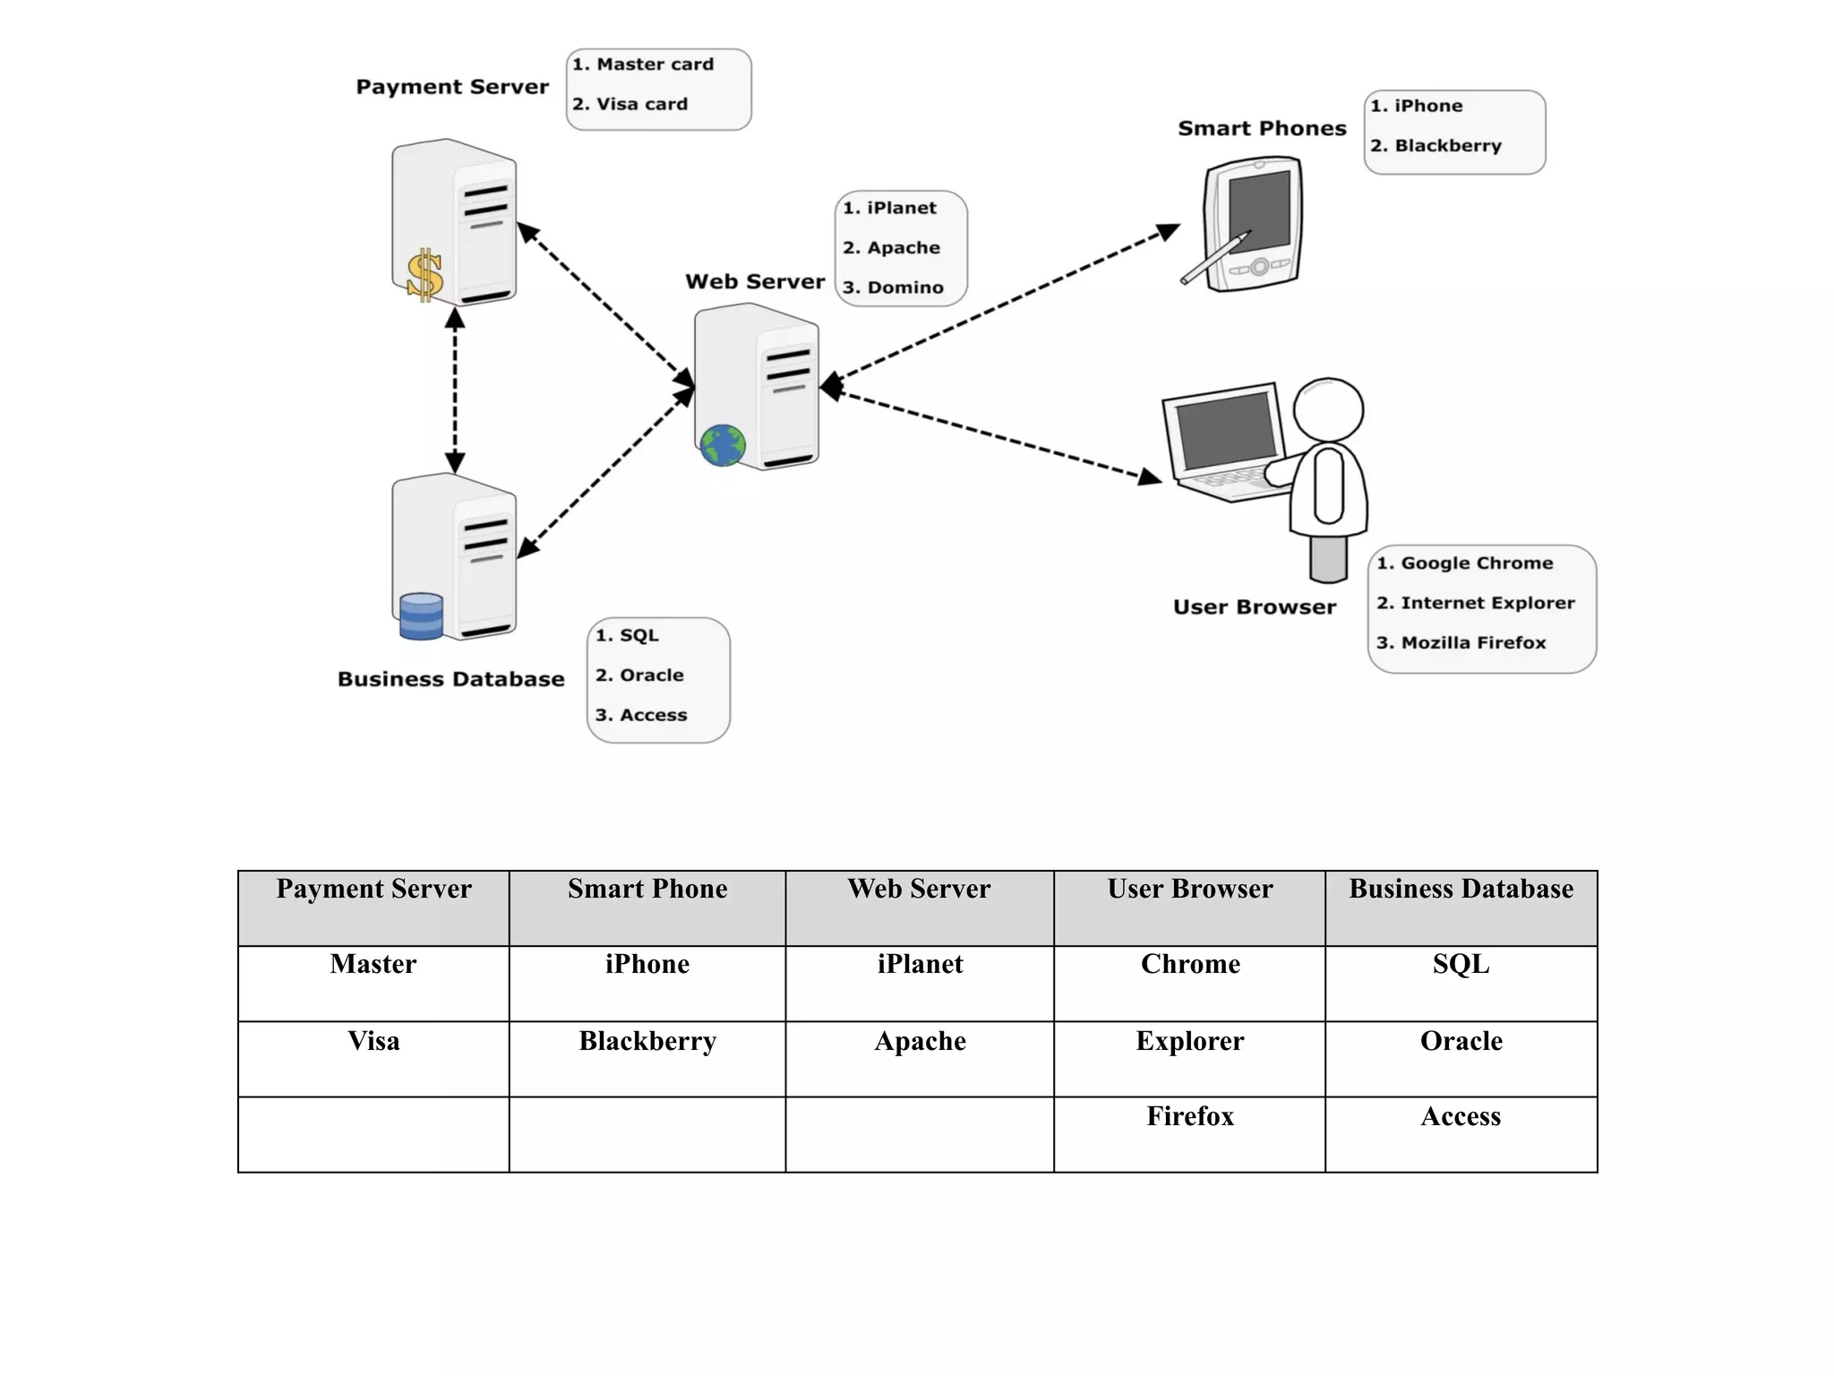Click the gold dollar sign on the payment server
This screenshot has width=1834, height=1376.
click(x=424, y=274)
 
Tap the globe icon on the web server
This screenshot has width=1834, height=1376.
click(x=723, y=445)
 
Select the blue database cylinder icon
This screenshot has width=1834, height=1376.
click(x=421, y=616)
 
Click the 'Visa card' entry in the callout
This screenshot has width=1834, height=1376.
click(x=630, y=104)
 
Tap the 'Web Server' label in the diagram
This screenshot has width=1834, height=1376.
click(x=755, y=281)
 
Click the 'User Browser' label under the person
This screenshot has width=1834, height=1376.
click(x=1254, y=606)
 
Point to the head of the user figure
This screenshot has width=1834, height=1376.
click(x=1329, y=409)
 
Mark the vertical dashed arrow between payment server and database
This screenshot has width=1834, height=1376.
click(x=455, y=391)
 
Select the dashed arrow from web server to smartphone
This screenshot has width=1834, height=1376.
click(x=1003, y=305)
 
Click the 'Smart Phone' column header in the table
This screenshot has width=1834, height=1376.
click(x=647, y=889)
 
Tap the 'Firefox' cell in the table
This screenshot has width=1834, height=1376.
click(x=1190, y=1116)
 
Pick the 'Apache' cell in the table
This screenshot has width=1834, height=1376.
click(x=920, y=1041)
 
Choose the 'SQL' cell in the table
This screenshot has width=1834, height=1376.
click(x=1461, y=964)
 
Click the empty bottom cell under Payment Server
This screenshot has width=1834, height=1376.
click(x=373, y=1134)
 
